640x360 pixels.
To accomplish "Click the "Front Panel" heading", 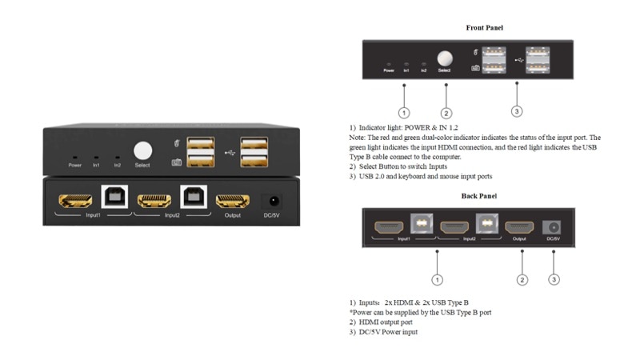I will coord(484,28).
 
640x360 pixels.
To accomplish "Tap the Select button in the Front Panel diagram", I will coord(445,58).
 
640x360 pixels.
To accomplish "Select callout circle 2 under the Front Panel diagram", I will coord(446,113).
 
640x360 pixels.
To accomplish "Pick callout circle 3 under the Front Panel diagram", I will coord(517,110).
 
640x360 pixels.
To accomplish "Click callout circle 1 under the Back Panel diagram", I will coord(437,279).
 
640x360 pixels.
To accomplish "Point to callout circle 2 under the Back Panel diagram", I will coord(522,279).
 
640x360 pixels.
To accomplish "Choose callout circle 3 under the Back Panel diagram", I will coord(554,279).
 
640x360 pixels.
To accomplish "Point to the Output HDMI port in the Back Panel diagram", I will coord(519,227).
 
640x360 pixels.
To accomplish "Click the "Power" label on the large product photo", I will coord(75,165).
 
